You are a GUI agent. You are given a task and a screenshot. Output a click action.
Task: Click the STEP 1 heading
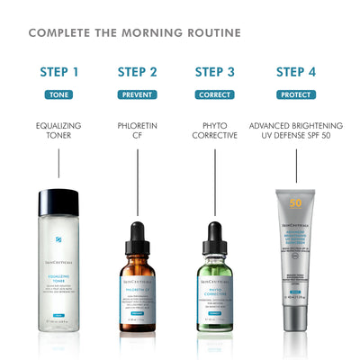tap(59, 72)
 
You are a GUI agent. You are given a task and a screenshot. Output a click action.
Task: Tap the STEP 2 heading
tap(137, 72)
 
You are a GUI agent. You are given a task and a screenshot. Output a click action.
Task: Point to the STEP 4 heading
tap(296, 72)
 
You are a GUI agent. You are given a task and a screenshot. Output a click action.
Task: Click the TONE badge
tap(59, 94)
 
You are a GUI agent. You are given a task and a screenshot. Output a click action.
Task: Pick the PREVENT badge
tap(137, 94)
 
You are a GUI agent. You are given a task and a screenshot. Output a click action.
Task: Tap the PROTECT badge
tap(296, 94)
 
